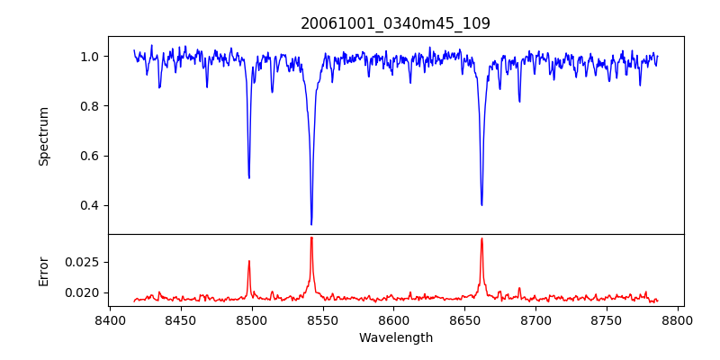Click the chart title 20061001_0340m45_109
(395, 23)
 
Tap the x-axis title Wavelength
(395, 338)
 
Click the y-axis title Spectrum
(43, 136)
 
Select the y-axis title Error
(43, 271)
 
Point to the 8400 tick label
(110, 319)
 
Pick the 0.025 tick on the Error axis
(85, 262)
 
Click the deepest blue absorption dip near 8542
(311, 224)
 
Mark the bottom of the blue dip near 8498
(249, 177)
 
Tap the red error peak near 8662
(481, 238)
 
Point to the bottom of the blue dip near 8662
(481, 204)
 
